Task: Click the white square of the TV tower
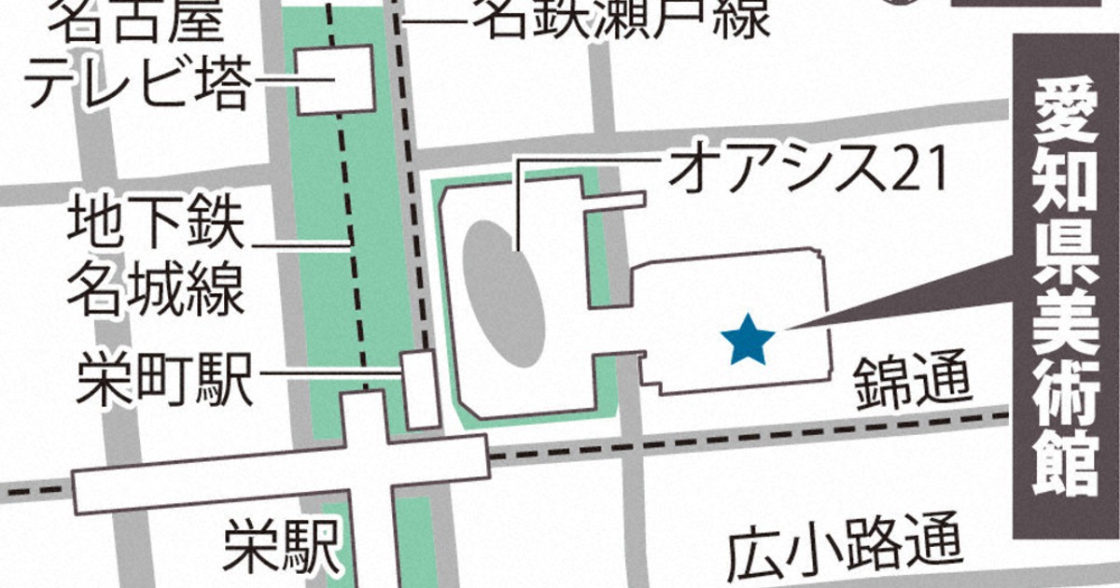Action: tap(335, 79)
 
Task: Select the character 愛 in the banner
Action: tap(1067, 107)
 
